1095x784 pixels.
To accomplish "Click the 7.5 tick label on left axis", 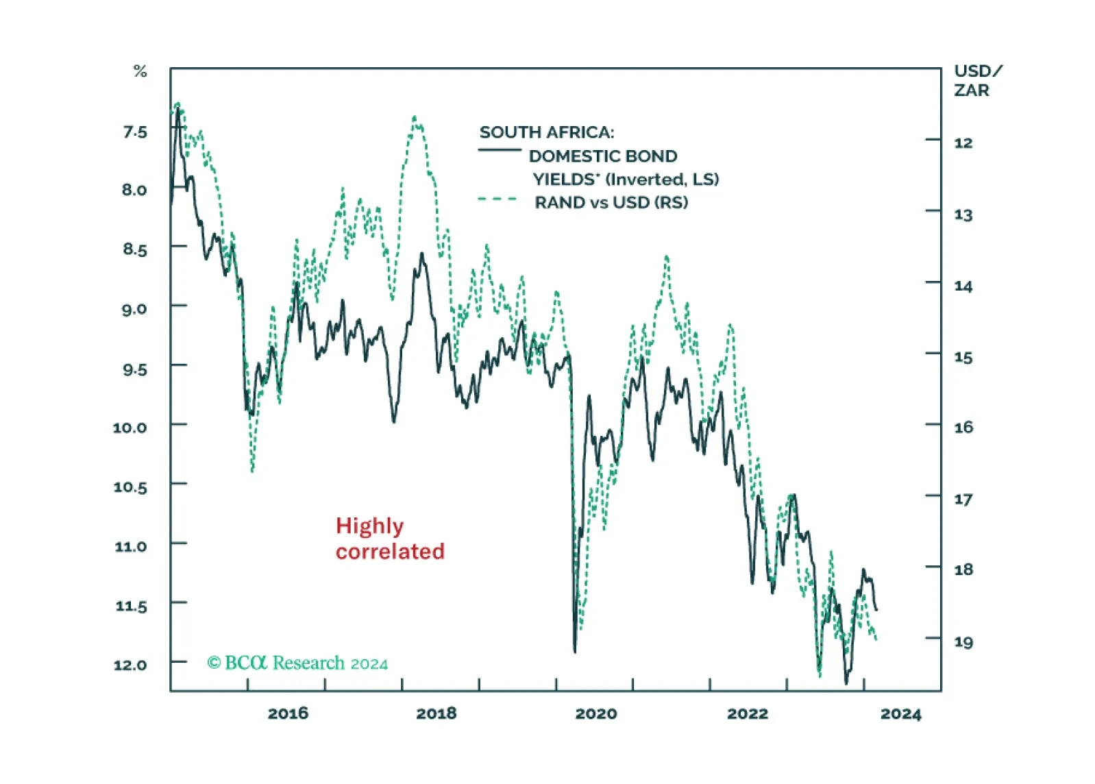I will coord(135,132).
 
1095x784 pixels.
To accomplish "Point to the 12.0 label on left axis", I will coord(130,665).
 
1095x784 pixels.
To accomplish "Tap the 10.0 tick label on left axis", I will coord(130,428).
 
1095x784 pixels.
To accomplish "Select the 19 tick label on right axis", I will coord(963,642).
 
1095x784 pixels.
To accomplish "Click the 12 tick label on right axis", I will coord(963,143).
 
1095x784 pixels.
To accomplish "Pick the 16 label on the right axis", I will coord(963,427).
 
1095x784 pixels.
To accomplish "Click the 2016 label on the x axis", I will coord(288,713).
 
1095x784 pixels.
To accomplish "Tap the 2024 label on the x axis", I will coord(900,714).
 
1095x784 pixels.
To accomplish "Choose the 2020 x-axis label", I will coord(595,713).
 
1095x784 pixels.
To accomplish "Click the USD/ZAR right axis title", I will coord(977,80).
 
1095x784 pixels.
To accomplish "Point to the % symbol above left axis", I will coord(140,71).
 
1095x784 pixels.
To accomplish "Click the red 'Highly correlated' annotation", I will coord(389,539).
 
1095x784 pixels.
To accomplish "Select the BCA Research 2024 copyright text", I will coord(297,663).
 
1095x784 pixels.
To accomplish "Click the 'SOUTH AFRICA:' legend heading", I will coord(547,132).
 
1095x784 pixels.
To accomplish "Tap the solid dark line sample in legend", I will coord(499,150).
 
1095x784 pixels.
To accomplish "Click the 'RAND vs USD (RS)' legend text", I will coord(611,202).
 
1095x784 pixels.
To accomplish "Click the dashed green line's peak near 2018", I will coord(415,118).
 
